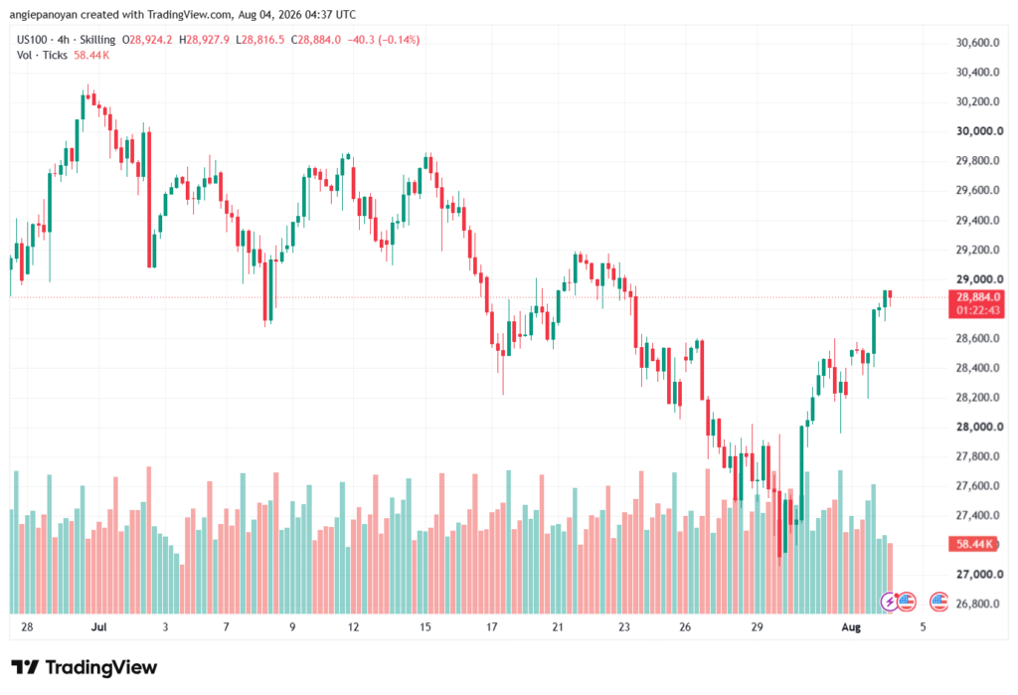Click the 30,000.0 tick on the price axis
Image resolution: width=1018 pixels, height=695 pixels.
click(x=979, y=131)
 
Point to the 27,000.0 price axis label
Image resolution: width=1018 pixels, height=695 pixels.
click(x=979, y=574)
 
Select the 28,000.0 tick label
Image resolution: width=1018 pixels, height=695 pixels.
click(x=979, y=427)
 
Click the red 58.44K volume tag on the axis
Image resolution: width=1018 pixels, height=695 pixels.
click(x=972, y=544)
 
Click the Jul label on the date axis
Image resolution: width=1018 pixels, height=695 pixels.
click(x=98, y=626)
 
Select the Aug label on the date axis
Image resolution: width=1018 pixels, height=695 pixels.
click(x=851, y=626)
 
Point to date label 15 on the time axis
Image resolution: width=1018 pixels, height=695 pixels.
click(x=425, y=626)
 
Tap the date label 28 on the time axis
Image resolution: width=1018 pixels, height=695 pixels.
click(x=27, y=626)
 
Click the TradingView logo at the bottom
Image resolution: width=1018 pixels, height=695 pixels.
click(x=85, y=667)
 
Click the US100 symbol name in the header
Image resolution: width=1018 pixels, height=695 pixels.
click(x=32, y=40)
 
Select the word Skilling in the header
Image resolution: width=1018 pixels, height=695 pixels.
click(x=97, y=40)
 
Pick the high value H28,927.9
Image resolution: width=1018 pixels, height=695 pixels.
click(x=204, y=40)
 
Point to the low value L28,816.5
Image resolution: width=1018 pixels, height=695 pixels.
click(x=259, y=40)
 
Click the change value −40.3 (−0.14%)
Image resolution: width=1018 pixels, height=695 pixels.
click(x=384, y=40)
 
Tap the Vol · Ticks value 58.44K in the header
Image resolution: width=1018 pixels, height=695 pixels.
click(x=91, y=56)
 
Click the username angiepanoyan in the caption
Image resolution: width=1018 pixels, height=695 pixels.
click(x=43, y=14)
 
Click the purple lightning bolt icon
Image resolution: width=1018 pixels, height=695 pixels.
click(x=889, y=603)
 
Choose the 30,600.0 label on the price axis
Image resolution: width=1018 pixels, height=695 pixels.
click(x=978, y=43)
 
